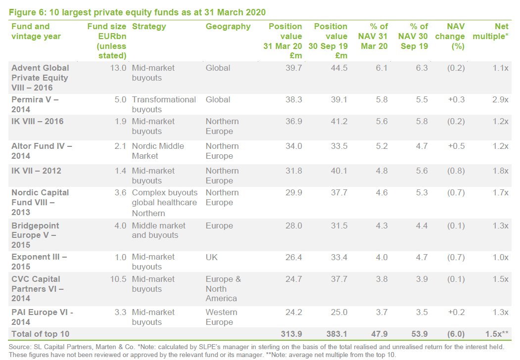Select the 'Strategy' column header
click(149, 27)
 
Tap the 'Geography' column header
click(228, 27)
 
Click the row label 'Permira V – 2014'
click(35, 104)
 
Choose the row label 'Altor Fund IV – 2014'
click(42, 151)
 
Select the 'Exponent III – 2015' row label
click(39, 262)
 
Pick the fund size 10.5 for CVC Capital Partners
click(118, 279)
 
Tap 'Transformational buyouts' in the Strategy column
click(164, 104)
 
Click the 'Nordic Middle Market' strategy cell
click(158, 151)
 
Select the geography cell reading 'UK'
click(212, 257)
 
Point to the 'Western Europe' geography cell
click(222, 317)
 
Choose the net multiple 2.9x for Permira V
click(501, 100)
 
